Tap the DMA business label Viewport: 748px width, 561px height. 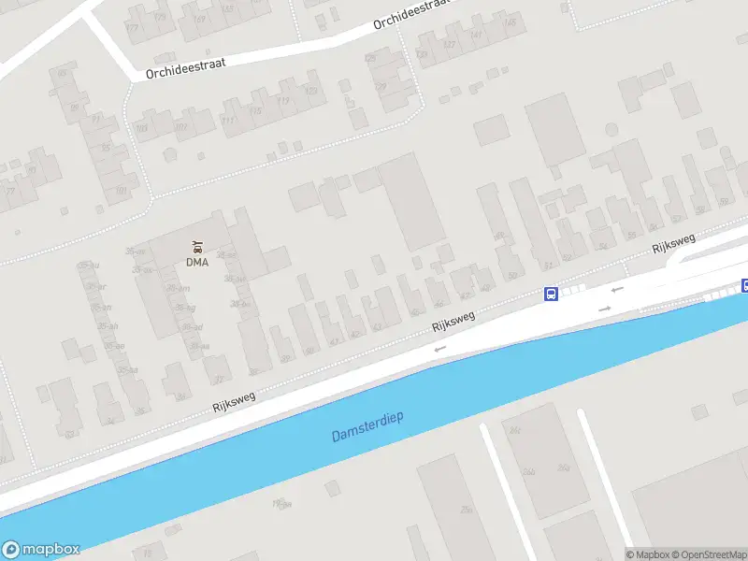[x=196, y=262]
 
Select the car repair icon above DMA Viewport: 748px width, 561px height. [x=196, y=247]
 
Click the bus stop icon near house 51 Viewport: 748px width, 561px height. [x=552, y=294]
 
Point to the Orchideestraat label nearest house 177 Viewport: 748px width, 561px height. [x=185, y=65]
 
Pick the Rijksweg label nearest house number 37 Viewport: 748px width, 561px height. [x=234, y=400]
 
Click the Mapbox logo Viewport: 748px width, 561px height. [x=41, y=550]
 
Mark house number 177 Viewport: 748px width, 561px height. [x=131, y=28]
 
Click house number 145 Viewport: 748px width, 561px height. [x=511, y=22]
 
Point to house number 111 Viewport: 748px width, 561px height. [x=227, y=120]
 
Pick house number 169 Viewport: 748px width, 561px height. [x=199, y=20]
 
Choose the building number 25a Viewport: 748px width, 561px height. [x=466, y=510]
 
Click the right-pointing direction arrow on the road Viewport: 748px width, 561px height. [x=605, y=309]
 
